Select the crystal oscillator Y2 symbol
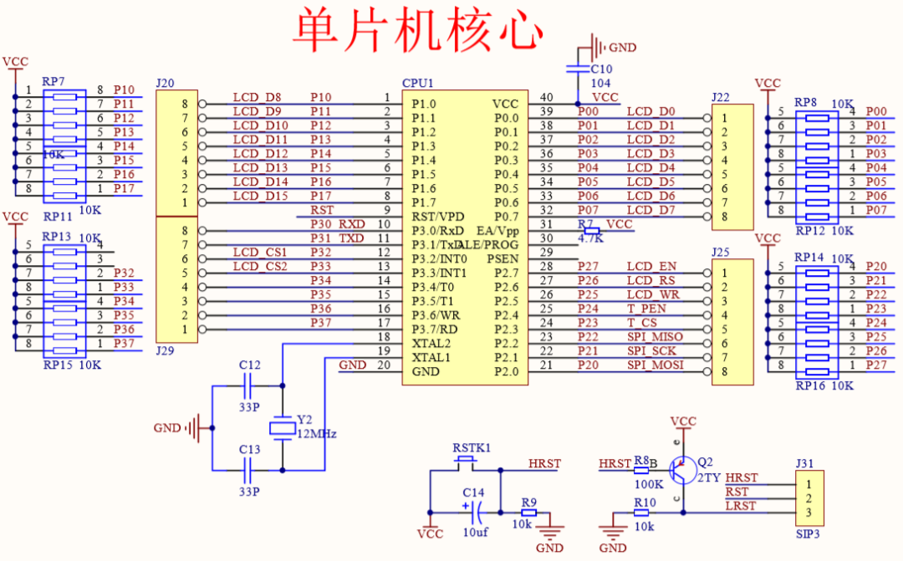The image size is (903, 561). coord(282,428)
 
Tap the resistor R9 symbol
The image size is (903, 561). coord(528,513)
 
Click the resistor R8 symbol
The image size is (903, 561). coord(641,470)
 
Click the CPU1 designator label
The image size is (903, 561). coord(419,83)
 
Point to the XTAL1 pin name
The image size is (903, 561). coord(431,357)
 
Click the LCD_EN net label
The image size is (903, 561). coord(652,267)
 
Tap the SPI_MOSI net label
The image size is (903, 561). coord(656,365)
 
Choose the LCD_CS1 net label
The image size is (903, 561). coord(260,252)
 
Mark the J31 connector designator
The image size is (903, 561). coord(804,463)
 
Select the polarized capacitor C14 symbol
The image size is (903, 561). coord(477,513)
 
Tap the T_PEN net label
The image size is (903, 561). coord(646,309)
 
